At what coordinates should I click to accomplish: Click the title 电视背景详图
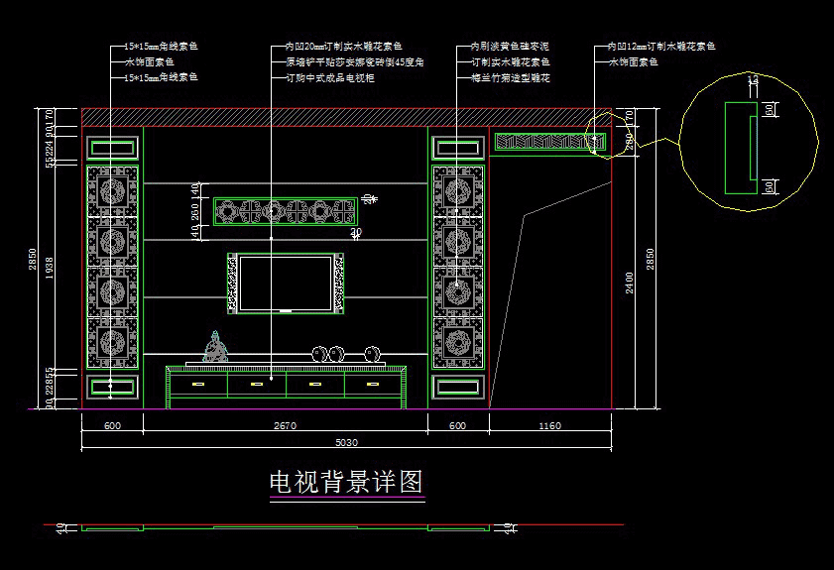point(347,483)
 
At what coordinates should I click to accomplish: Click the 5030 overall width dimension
point(347,442)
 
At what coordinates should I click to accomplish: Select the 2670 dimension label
point(285,426)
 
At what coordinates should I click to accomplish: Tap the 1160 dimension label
point(549,426)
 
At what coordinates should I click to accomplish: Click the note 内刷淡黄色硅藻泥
point(511,47)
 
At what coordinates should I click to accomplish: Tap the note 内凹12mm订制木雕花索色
point(661,47)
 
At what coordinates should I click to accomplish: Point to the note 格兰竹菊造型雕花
point(511,77)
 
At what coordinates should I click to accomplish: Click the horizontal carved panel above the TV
point(286,211)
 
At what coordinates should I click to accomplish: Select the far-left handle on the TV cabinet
point(197,384)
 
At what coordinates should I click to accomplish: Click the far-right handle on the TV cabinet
point(374,384)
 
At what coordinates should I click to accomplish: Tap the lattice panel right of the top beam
point(547,142)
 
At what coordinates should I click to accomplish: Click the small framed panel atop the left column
point(112,149)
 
